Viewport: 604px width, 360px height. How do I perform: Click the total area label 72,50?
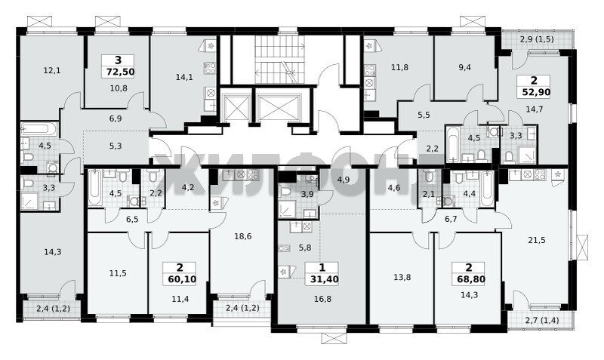(118, 72)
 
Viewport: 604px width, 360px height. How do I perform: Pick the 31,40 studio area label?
(322, 278)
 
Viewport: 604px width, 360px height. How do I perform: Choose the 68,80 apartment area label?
(468, 278)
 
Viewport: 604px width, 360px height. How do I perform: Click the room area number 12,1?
(52, 70)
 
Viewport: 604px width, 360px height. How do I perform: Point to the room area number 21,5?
(537, 240)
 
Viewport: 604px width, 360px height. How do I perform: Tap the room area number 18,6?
(243, 236)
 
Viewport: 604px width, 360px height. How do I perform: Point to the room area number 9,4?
(464, 67)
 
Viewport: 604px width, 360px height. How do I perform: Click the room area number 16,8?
(322, 299)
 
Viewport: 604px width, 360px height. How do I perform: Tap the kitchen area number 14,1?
(184, 77)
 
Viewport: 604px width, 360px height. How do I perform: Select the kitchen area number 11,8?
(400, 67)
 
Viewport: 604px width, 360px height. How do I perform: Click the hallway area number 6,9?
(116, 118)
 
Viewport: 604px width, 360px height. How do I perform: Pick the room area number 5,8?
(305, 248)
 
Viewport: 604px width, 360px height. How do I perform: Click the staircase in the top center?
(280, 60)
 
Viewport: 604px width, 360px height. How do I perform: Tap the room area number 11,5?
(118, 273)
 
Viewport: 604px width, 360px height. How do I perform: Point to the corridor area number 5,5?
(424, 115)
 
